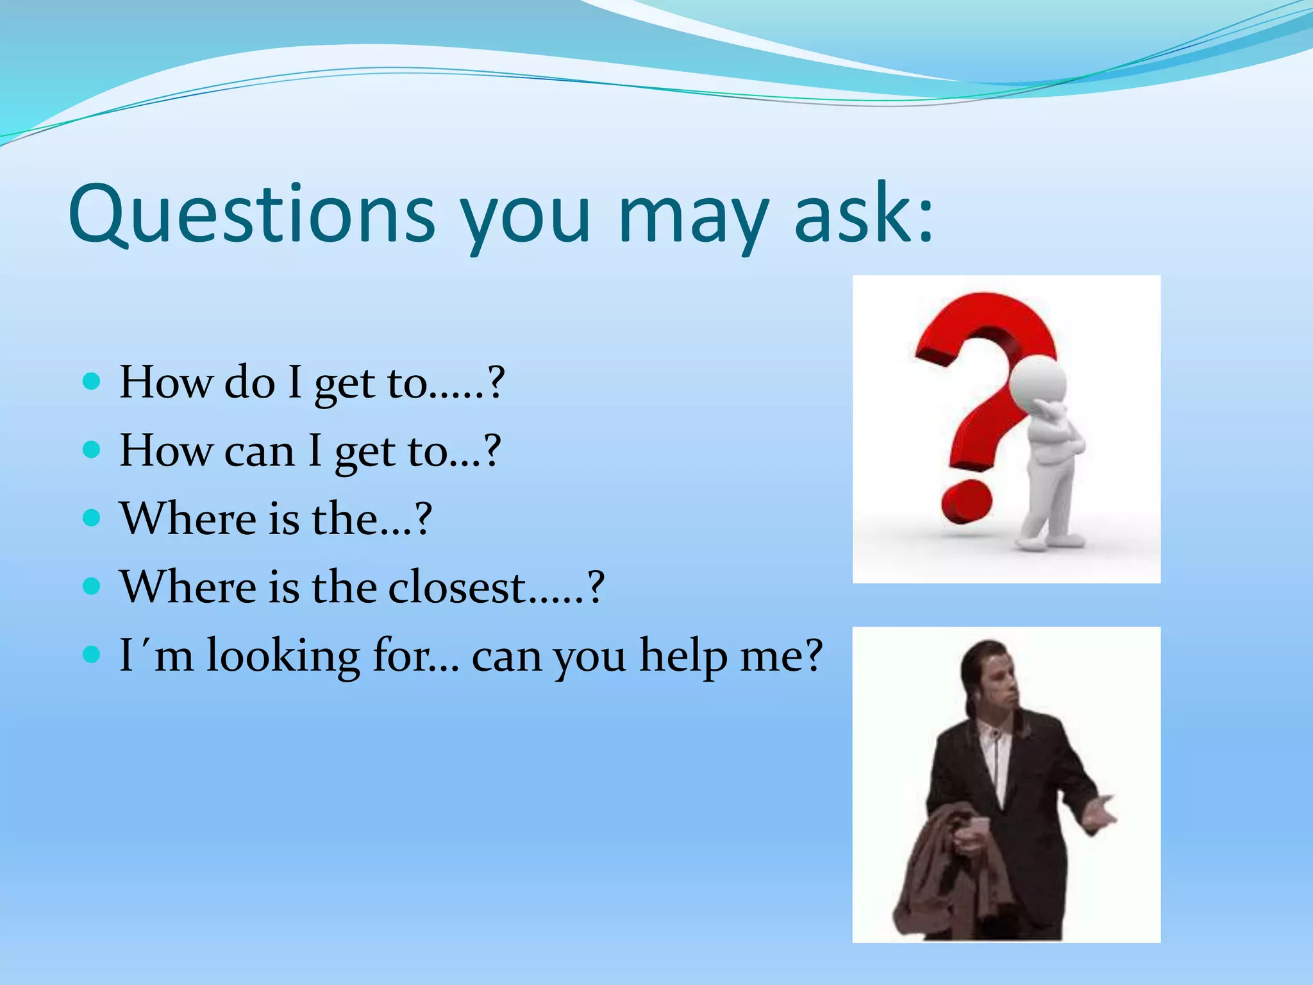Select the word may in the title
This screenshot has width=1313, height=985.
click(x=693, y=218)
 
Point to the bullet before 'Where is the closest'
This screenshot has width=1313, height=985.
click(x=92, y=586)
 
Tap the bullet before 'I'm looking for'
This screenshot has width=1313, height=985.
click(x=92, y=655)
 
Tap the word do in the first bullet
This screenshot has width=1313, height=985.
click(x=249, y=383)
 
